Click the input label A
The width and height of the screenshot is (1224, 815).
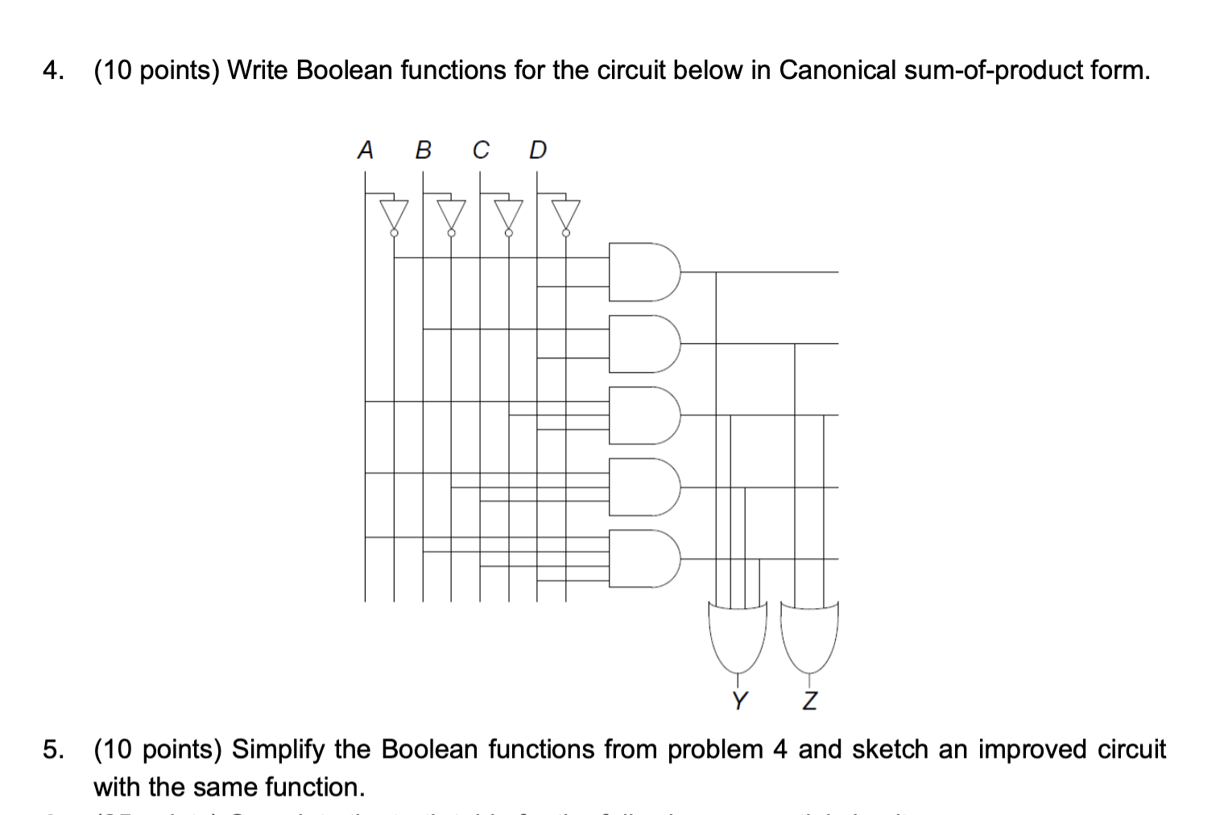click(x=366, y=150)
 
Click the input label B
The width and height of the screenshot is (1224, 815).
click(x=423, y=150)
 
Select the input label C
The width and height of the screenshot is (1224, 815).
click(x=481, y=150)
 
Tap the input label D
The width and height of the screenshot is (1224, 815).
click(x=538, y=150)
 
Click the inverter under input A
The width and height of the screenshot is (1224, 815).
click(x=394, y=215)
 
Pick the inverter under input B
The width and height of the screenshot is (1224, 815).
click(x=451, y=215)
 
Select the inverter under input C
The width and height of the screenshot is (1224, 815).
click(x=508, y=215)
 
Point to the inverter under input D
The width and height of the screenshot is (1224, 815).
click(x=565, y=215)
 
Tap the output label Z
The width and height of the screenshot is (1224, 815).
click(x=810, y=701)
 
